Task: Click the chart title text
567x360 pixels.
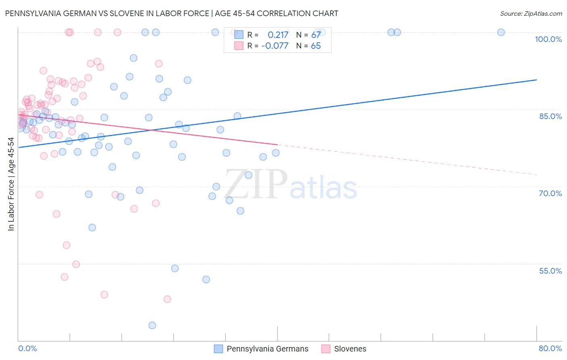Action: pos(171,13)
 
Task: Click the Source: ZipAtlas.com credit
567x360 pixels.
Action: pos(531,13)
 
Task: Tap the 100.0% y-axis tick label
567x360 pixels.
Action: pos(548,39)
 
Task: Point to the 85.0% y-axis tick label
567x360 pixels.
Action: pos(550,116)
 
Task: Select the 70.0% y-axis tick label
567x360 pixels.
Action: pos(550,193)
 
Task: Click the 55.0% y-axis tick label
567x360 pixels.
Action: pos(550,271)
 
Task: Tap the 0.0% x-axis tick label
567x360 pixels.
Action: pos(27,348)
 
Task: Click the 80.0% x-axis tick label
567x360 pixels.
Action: pos(550,348)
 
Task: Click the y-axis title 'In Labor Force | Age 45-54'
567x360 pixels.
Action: pos(11,184)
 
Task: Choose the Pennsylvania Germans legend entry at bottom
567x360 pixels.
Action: pos(261,349)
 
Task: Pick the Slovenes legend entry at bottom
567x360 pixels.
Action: pos(344,349)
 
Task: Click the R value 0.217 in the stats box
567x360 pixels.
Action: pos(278,35)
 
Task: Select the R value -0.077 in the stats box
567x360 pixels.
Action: pos(275,46)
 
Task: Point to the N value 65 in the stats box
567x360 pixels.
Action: pos(316,46)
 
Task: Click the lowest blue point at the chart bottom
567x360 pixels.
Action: pos(152,325)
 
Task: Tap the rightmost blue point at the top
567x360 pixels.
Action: pos(501,32)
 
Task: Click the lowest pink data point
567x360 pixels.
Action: pos(167,299)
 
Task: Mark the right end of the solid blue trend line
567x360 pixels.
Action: pos(536,80)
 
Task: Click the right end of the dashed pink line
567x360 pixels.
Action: pos(536,174)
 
